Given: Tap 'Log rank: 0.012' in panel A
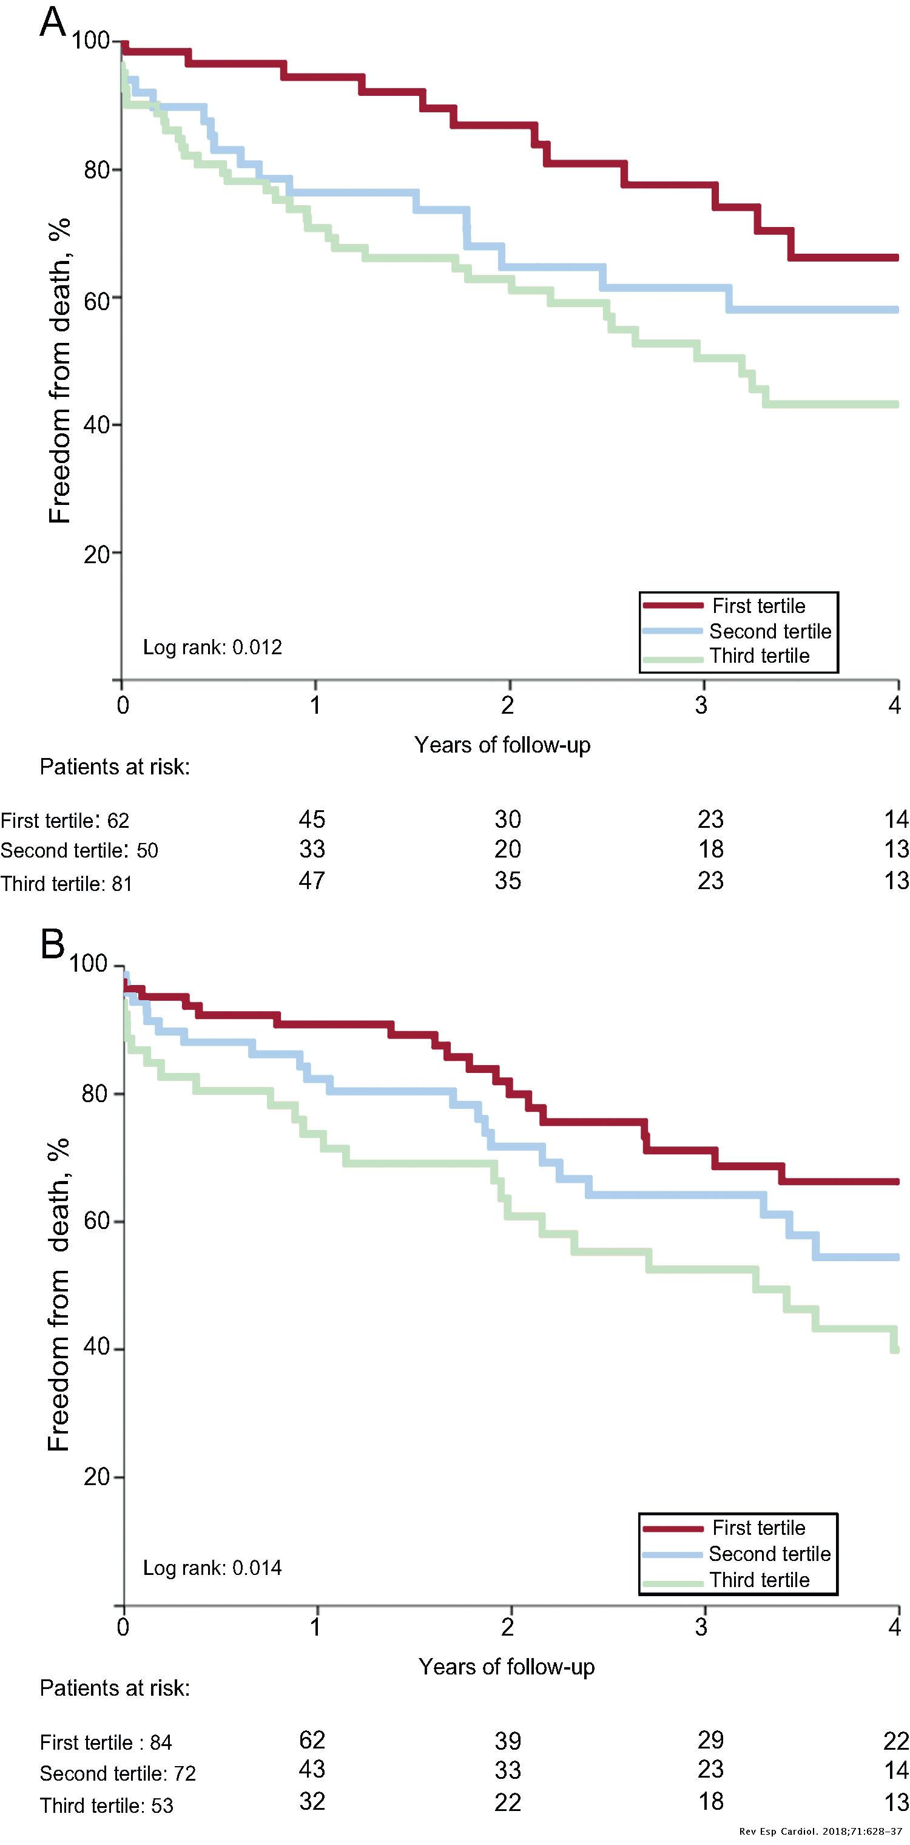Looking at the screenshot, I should point(212,648).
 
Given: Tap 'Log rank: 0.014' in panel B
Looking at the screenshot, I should point(212,1568).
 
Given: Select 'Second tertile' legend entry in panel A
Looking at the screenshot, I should point(770,631).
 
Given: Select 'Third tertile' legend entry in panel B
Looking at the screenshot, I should point(759,1579).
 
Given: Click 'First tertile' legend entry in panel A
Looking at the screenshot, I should point(758,606).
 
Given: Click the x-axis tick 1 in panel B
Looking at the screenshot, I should point(315,1627).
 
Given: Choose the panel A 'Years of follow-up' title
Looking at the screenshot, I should point(502,745).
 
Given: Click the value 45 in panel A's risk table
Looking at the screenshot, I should point(311,819).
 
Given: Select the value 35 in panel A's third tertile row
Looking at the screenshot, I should point(507,880).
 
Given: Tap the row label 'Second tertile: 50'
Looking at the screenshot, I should point(79,851).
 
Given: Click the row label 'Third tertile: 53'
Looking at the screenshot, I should point(106,1806).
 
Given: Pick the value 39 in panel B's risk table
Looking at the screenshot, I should point(507,1741).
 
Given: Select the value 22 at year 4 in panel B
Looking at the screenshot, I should point(895,1741).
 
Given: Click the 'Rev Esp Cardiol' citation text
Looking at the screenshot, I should point(820,1832).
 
